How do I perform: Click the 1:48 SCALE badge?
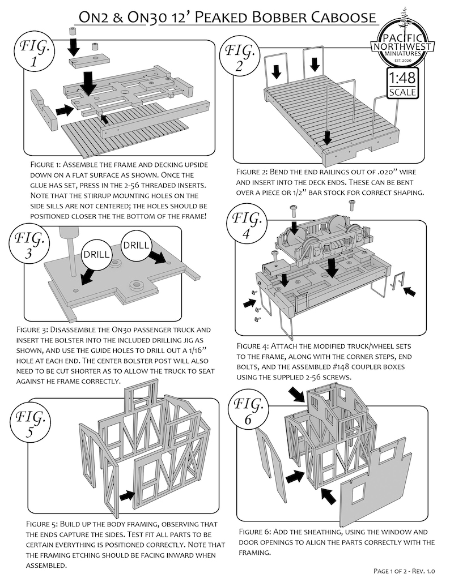tap(402, 84)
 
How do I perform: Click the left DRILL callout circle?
tap(96, 254)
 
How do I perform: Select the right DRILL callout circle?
tap(136, 245)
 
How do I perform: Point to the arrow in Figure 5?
tap(127, 495)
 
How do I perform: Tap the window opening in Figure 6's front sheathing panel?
tap(358, 494)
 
